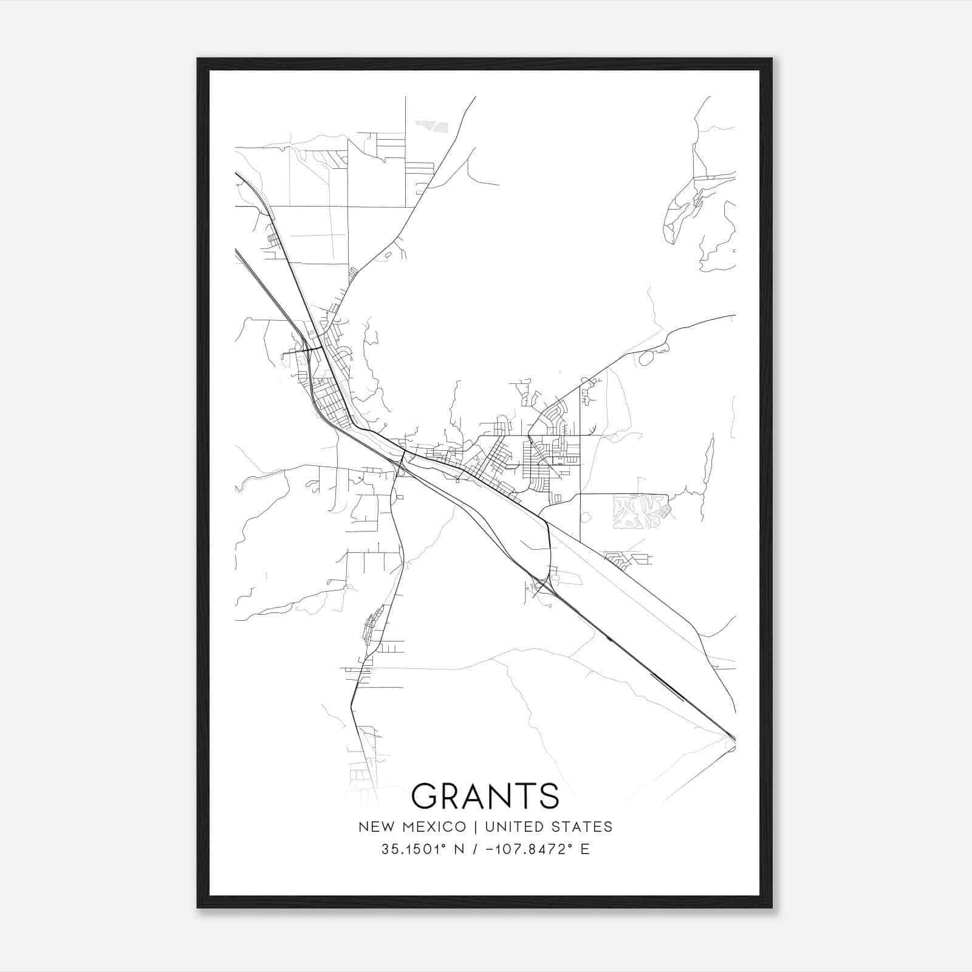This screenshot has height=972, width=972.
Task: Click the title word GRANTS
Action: point(485,795)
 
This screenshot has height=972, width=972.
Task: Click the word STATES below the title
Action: point(584,827)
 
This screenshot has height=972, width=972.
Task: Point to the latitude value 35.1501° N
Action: point(423,849)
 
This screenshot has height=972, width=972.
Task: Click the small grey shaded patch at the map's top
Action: point(432,126)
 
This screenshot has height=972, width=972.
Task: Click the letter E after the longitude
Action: point(585,849)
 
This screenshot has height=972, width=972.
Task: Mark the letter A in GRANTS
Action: point(472,795)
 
